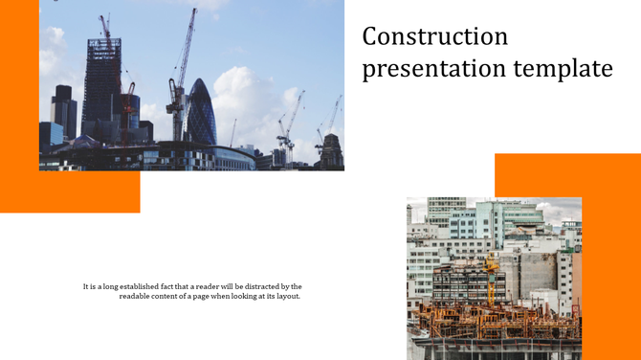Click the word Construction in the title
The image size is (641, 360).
coord(435,36)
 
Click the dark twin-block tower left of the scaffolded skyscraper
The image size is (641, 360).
coord(63,110)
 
